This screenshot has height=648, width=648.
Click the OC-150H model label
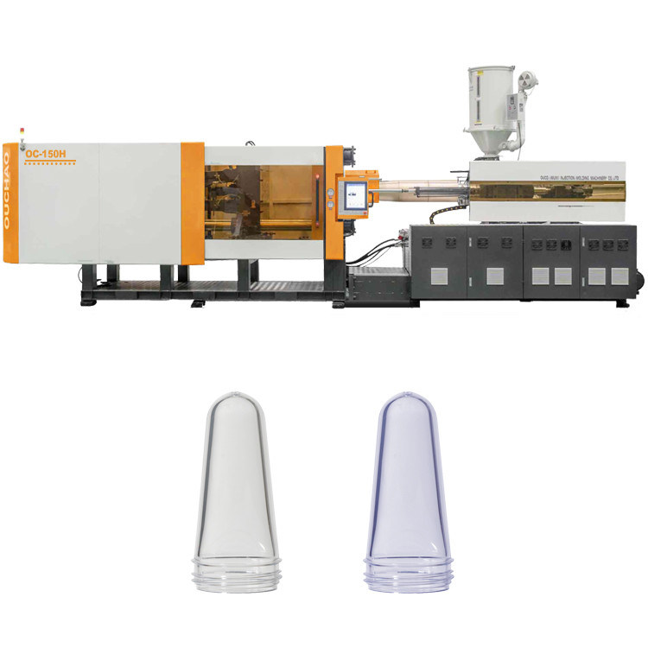[46, 154]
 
